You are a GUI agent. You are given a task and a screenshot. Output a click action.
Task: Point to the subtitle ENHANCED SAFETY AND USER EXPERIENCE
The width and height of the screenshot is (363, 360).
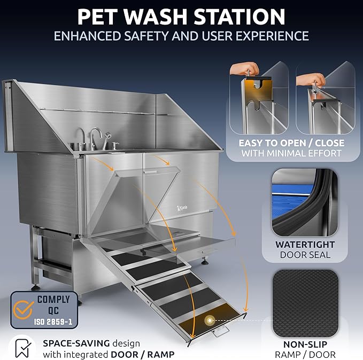(181, 36)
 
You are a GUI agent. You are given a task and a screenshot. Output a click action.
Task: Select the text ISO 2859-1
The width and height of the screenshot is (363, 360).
(52, 320)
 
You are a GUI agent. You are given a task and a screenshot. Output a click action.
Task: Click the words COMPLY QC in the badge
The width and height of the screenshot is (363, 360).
(52, 304)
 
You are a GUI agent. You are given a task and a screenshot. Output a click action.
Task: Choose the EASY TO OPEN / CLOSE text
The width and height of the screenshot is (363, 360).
(292, 143)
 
